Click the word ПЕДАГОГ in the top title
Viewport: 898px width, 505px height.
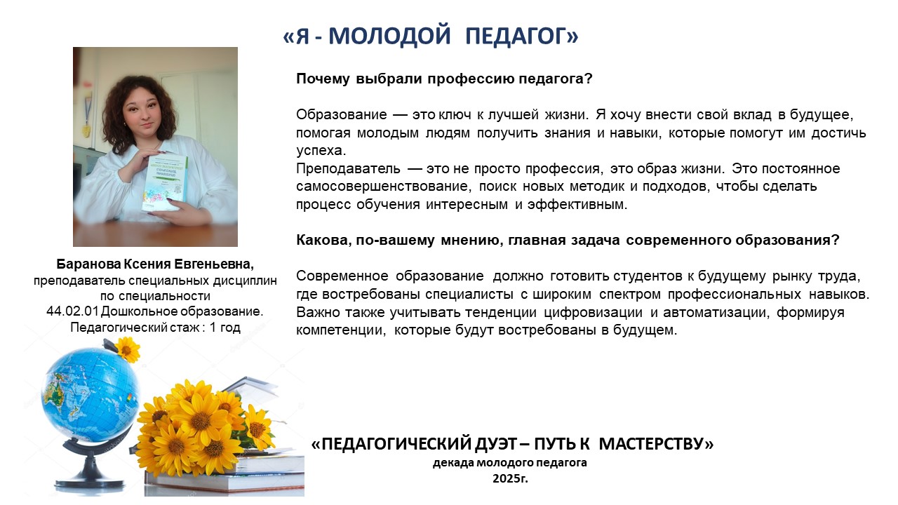pyautogui.click(x=521, y=36)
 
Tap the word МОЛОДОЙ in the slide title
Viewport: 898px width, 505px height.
pyautogui.click(x=389, y=36)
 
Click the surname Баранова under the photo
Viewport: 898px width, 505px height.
pyautogui.click(x=88, y=264)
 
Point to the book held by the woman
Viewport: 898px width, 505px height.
pyautogui.click(x=164, y=182)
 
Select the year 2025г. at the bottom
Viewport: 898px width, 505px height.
pyautogui.click(x=510, y=478)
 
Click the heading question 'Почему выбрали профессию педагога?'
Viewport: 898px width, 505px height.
pyautogui.click(x=444, y=79)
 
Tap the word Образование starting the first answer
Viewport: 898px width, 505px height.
pyautogui.click(x=342, y=114)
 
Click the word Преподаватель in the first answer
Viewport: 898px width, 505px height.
pyautogui.click(x=348, y=168)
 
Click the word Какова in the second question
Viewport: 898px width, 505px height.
pyautogui.click(x=324, y=240)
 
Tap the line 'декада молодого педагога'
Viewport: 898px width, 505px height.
pyautogui.click(x=510, y=462)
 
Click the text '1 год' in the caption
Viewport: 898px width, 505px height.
pyautogui.click(x=225, y=327)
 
